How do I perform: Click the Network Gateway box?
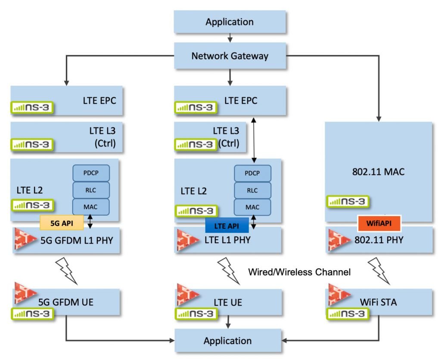[230, 56]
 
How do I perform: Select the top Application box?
[230, 22]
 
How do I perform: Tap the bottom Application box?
[227, 341]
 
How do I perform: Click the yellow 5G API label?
[62, 223]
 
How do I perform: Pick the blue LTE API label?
[227, 225]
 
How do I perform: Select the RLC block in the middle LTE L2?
[252, 190]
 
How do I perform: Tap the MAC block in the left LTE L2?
[91, 207]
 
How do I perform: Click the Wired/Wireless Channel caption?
[299, 272]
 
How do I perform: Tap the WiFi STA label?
[378, 302]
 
